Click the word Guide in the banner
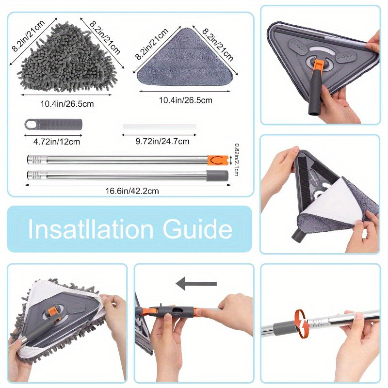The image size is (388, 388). click(x=197, y=229)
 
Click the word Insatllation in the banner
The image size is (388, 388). click(x=91, y=229)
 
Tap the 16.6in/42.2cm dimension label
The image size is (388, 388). click(x=132, y=191)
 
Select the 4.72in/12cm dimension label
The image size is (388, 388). click(x=57, y=142)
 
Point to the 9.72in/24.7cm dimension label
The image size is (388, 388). click(x=162, y=141)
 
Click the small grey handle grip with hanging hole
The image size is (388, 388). click(x=53, y=124)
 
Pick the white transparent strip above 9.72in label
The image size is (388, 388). click(x=160, y=127)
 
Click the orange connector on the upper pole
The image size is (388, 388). click(x=217, y=160)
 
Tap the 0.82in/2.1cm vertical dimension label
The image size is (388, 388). click(x=236, y=160)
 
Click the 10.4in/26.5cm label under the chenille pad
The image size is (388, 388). click(x=67, y=104)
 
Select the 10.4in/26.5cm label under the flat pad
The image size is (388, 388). click(x=186, y=100)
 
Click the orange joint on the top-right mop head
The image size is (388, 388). click(x=317, y=66)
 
